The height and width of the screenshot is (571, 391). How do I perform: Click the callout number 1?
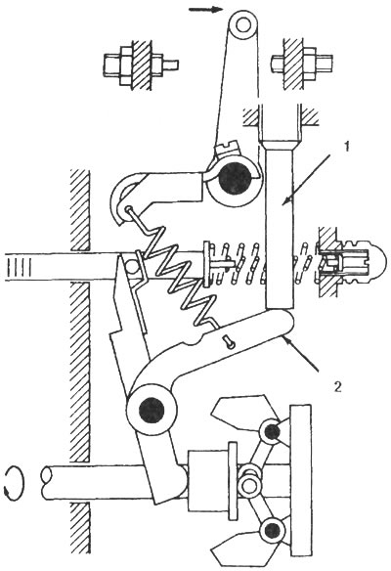(347, 147)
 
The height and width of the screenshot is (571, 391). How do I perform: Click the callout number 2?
(338, 386)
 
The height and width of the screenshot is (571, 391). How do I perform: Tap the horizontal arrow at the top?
(205, 9)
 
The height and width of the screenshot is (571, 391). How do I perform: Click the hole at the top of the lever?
(242, 25)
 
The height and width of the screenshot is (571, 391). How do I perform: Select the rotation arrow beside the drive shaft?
(14, 483)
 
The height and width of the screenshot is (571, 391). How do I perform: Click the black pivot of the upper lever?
(235, 178)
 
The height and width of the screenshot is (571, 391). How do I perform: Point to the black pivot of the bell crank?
(152, 411)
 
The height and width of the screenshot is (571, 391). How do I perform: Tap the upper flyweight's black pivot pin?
(272, 432)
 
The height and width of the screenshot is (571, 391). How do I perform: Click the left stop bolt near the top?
(141, 66)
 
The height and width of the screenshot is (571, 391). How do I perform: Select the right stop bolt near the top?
(302, 66)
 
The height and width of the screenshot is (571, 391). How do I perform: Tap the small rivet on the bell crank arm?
(230, 342)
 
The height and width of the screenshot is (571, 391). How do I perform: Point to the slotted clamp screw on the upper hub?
(228, 151)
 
